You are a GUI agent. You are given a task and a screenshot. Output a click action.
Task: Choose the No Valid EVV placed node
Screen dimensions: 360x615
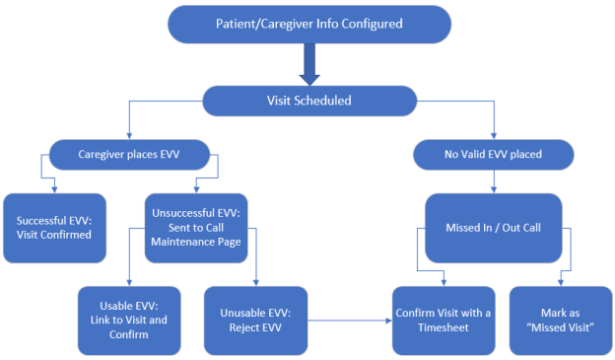(x=492, y=154)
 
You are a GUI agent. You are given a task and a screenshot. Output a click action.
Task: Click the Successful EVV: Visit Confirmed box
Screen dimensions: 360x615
(x=54, y=228)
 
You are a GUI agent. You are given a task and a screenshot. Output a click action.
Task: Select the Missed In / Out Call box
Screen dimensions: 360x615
(x=492, y=228)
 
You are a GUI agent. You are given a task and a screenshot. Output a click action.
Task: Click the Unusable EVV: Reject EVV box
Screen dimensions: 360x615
(x=252, y=320)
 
